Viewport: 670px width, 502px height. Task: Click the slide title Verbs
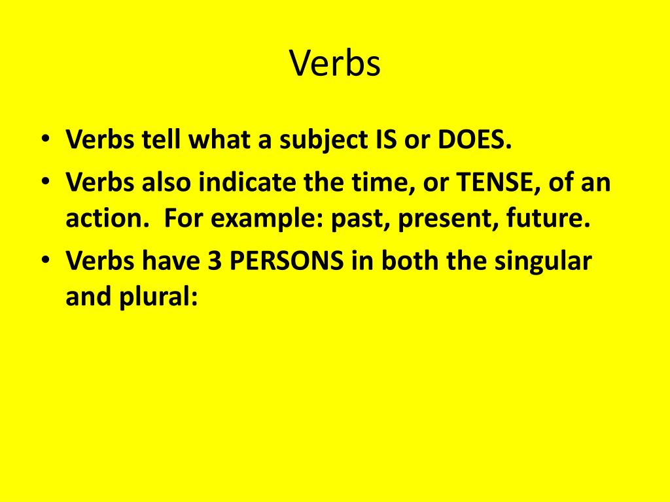334,64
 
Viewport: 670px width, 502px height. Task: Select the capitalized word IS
399,141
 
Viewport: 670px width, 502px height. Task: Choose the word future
543,220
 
